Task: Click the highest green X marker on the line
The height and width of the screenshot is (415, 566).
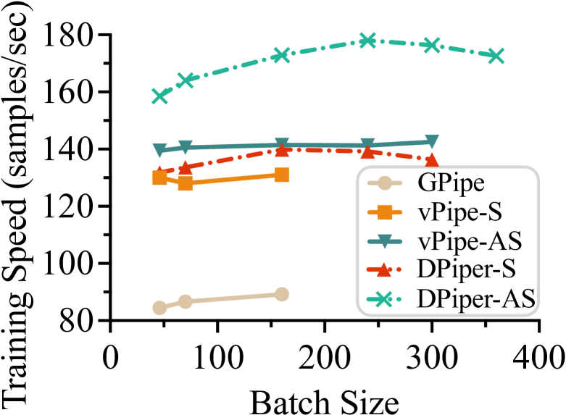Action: click(367, 41)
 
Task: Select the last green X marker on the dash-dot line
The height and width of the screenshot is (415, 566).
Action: click(496, 56)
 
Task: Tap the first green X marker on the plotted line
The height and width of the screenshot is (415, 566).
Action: click(160, 96)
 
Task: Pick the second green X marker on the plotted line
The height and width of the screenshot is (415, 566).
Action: click(186, 80)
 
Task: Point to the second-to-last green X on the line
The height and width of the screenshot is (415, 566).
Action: click(431, 45)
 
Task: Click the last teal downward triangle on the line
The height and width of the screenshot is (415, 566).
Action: click(431, 141)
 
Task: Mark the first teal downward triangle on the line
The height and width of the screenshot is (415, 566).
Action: click(160, 151)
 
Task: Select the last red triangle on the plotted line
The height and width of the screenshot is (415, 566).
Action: click(431, 159)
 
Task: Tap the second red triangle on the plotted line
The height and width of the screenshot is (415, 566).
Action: click(186, 167)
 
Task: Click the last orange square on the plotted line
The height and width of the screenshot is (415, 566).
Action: click(282, 175)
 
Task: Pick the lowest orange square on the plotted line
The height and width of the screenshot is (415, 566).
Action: click(186, 183)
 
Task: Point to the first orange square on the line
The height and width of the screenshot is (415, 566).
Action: click(160, 177)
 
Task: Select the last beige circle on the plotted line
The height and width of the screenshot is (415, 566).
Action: click(282, 294)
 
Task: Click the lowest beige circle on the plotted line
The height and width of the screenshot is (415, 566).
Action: click(160, 308)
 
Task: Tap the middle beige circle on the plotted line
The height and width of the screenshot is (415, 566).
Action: click(186, 301)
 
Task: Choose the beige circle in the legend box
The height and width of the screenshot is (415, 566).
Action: click(384, 183)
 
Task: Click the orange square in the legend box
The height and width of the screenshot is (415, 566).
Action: click(384, 212)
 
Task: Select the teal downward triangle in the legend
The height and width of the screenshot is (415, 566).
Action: click(384, 241)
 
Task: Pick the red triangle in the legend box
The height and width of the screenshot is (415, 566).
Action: click(384, 269)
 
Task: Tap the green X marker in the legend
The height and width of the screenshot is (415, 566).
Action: click(384, 299)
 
